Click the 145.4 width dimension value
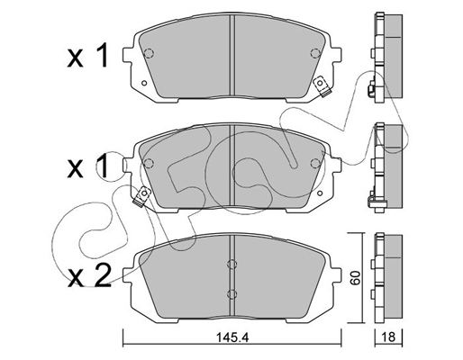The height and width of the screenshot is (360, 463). pos(231,337)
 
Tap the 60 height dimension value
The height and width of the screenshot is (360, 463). pos(356,278)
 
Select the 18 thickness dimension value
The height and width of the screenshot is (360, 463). pos(389,337)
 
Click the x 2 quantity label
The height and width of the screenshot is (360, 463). pos(89,275)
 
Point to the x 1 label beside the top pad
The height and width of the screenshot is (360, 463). pos(87,56)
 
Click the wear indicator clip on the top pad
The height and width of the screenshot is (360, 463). pos(322,86)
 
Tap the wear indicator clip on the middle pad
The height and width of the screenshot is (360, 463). pos(142,196)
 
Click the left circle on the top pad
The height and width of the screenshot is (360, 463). pos(149,53)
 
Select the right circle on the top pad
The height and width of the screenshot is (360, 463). pos(315,53)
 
